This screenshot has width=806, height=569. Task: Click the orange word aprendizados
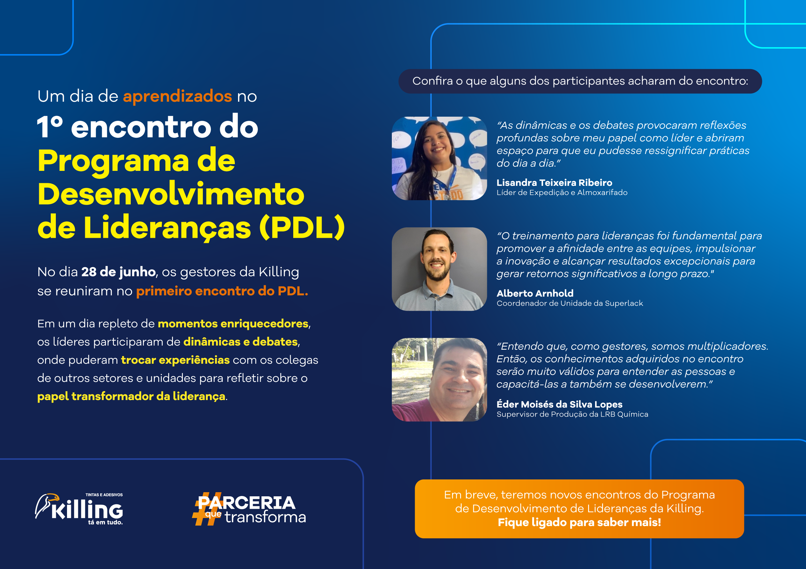177,97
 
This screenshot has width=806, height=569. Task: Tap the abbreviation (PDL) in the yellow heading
302,227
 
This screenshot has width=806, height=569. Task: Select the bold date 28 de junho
119,272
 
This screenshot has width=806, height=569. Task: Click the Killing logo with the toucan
79,509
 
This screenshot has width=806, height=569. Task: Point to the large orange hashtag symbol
207,509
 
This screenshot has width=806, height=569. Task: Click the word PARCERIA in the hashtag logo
247,503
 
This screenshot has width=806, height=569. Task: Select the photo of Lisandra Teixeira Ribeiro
439,158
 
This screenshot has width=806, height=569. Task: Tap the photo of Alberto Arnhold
439,269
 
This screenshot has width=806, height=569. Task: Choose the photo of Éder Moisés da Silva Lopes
439,380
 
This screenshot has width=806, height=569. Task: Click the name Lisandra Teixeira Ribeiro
554,183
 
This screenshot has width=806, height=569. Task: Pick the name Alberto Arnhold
535,293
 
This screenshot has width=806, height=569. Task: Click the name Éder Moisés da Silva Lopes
560,404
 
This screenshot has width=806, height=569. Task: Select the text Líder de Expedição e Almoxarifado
562,193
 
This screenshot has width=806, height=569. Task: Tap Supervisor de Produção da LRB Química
572,414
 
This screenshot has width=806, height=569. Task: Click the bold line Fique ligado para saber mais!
579,522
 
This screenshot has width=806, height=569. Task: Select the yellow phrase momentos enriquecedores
233,324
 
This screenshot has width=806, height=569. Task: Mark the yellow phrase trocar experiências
175,360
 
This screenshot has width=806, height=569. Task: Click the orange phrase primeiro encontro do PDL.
222,291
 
